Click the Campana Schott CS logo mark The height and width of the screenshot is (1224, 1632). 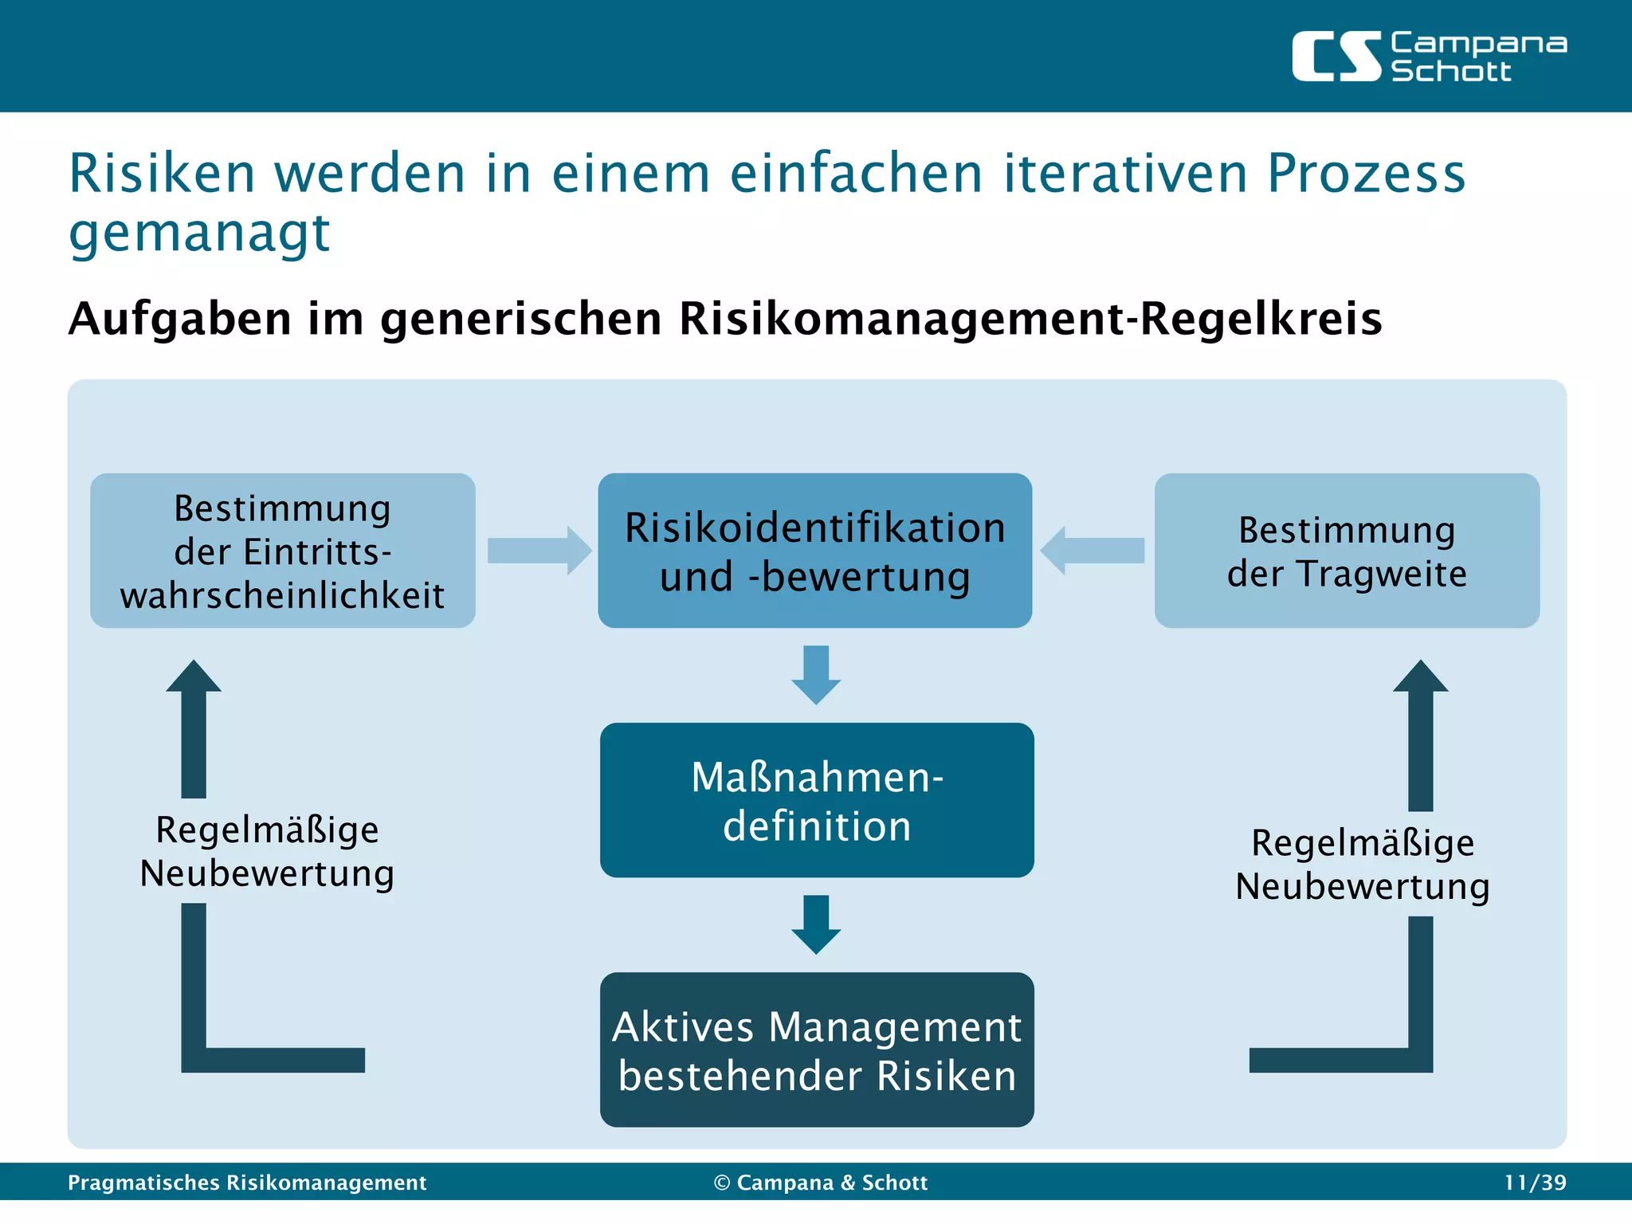tap(1336, 57)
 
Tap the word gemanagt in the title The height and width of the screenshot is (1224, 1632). tap(199, 233)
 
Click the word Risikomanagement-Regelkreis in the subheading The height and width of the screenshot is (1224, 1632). tap(1030, 319)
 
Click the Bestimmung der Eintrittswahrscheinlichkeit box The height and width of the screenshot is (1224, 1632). tap(283, 551)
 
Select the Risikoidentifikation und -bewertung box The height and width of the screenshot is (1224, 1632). tap(814, 551)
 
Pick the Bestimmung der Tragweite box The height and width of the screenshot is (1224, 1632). tap(1346, 551)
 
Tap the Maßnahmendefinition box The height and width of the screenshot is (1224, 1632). tap(816, 800)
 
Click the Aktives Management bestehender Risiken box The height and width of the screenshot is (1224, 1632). tap(816, 1049)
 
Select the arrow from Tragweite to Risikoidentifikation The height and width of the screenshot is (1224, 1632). tap(1093, 551)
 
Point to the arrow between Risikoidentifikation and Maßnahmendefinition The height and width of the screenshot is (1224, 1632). tap(816, 675)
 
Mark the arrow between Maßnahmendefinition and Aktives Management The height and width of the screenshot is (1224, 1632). tap(816, 924)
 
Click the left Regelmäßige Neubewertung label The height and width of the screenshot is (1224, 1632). tap(267, 851)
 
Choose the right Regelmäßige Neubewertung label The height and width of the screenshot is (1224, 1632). tap(1362, 865)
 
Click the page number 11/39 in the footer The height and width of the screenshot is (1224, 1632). tap(1535, 1183)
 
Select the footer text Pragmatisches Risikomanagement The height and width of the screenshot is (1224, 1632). tap(247, 1183)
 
